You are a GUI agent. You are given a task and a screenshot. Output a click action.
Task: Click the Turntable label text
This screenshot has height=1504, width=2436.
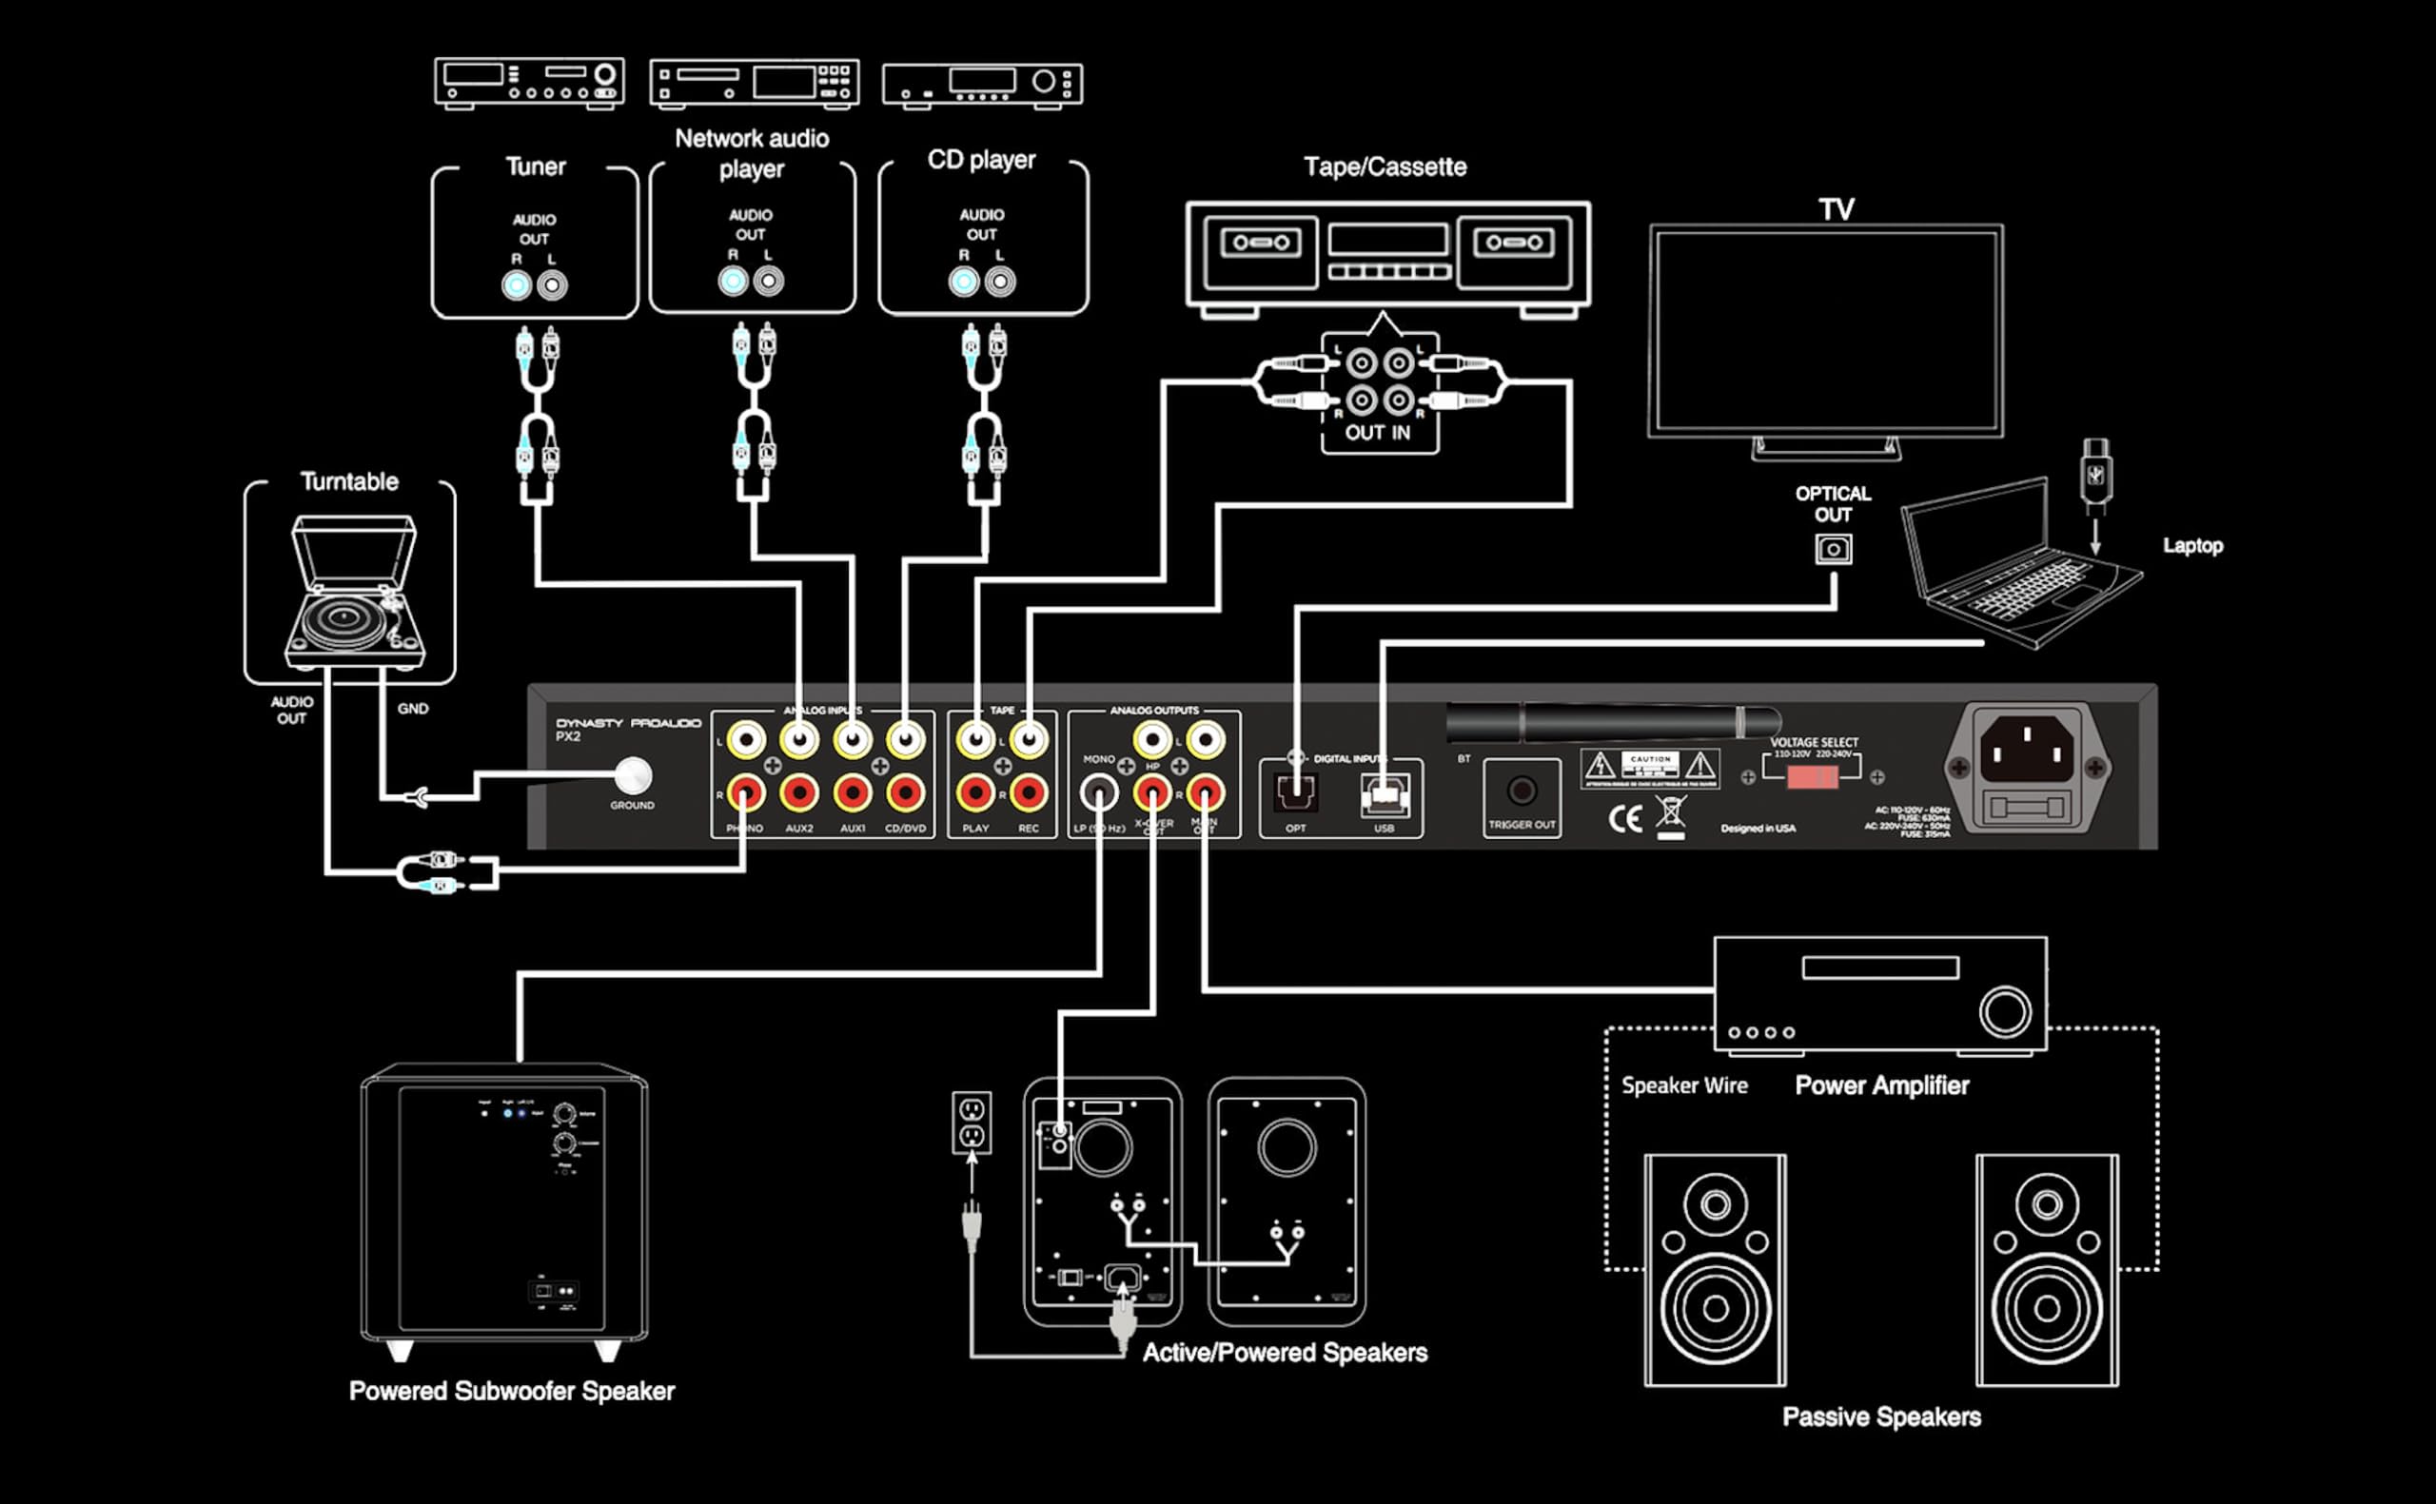click(x=349, y=481)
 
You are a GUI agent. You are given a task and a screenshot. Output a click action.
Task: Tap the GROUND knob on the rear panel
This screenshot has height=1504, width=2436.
click(x=633, y=775)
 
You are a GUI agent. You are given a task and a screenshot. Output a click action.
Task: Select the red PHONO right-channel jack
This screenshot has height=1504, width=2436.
click(x=745, y=793)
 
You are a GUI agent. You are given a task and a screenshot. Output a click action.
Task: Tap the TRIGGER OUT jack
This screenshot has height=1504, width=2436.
click(x=1521, y=791)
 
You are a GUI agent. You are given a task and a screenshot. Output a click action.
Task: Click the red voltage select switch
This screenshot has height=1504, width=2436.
click(x=1812, y=777)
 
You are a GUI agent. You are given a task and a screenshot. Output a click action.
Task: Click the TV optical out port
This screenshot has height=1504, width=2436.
click(x=1834, y=549)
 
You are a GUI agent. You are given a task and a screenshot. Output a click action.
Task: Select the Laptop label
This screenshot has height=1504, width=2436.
click(x=2192, y=545)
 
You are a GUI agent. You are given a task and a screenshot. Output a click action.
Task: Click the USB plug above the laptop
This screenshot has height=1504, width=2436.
click(x=2094, y=474)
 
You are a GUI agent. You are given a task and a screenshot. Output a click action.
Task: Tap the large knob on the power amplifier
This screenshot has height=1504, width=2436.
click(x=2004, y=1011)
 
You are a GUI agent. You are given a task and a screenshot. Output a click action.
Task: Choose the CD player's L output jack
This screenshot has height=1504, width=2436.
click(x=1000, y=283)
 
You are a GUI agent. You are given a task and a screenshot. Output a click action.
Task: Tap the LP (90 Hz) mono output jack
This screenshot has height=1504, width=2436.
click(x=1098, y=793)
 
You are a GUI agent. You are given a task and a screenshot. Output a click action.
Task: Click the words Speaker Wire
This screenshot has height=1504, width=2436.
click(x=1684, y=1085)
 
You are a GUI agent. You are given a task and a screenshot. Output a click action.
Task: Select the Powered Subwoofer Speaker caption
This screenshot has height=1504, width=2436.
click(x=511, y=1391)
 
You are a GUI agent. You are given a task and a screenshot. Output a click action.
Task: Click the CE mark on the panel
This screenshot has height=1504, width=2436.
click(x=1624, y=818)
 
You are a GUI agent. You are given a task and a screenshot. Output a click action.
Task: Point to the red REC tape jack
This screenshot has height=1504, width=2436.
click(x=1029, y=793)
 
